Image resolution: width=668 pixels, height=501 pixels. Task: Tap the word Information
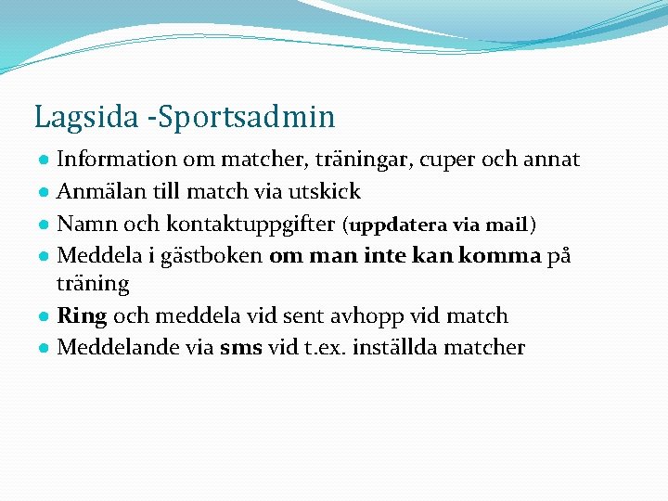117,160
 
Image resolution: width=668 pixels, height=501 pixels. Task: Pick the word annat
552,160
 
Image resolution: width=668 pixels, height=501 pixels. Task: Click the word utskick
327,192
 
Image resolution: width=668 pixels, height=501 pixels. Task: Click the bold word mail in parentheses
507,225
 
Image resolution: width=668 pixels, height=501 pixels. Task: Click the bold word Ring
82,316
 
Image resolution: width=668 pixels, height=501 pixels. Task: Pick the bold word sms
241,348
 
